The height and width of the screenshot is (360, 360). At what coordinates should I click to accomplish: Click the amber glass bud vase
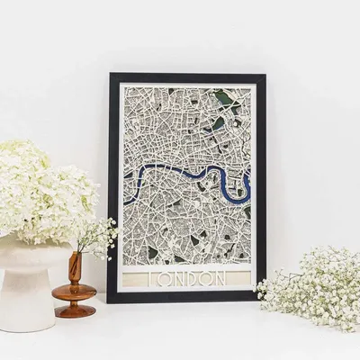[x=75, y=288]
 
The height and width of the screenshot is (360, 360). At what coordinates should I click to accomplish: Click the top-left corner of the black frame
[x=110, y=75]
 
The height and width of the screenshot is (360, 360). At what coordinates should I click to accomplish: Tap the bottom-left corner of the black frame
[x=110, y=301]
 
